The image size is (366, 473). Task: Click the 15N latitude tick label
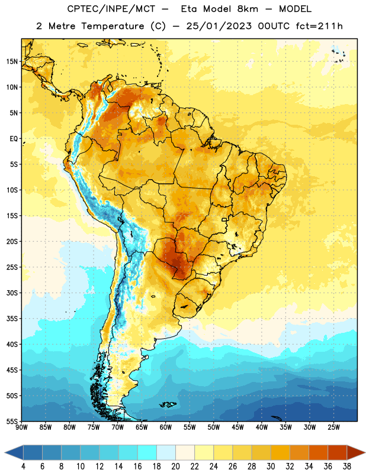coord(12,61)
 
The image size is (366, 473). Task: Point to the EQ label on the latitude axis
coord(14,139)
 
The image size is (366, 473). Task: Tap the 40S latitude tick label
coord(12,344)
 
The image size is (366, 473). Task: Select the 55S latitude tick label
coord(12,421)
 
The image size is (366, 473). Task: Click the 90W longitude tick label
coord(21,427)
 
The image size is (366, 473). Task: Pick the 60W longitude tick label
coord(166,427)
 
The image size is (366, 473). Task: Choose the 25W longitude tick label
coord(333,427)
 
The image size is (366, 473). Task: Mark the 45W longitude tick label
coord(237,427)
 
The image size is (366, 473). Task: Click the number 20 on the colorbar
coord(175,466)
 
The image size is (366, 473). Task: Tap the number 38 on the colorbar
coord(347,466)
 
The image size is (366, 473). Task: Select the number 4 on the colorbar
coord(23,466)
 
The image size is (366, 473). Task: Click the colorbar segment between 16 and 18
coord(147,452)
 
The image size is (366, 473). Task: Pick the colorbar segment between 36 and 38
coord(338,452)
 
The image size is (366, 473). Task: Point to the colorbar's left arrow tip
coord(5,452)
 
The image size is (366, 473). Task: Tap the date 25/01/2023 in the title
coord(219,26)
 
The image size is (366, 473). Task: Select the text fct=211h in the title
coord(319,26)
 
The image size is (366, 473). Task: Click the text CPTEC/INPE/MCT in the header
coord(111,9)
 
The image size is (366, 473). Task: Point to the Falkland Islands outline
coord(168,404)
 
